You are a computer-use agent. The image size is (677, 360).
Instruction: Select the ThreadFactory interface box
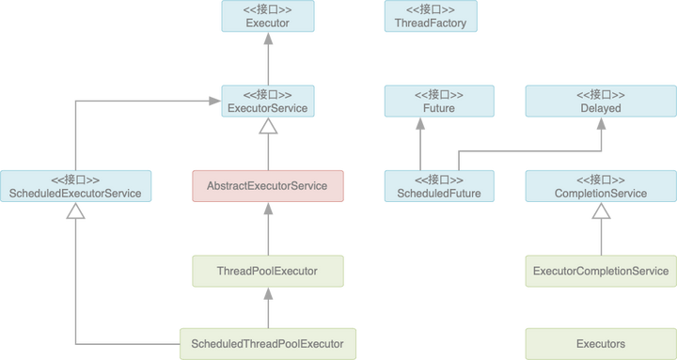click(431, 16)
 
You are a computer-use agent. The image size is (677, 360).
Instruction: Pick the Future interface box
click(431, 101)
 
